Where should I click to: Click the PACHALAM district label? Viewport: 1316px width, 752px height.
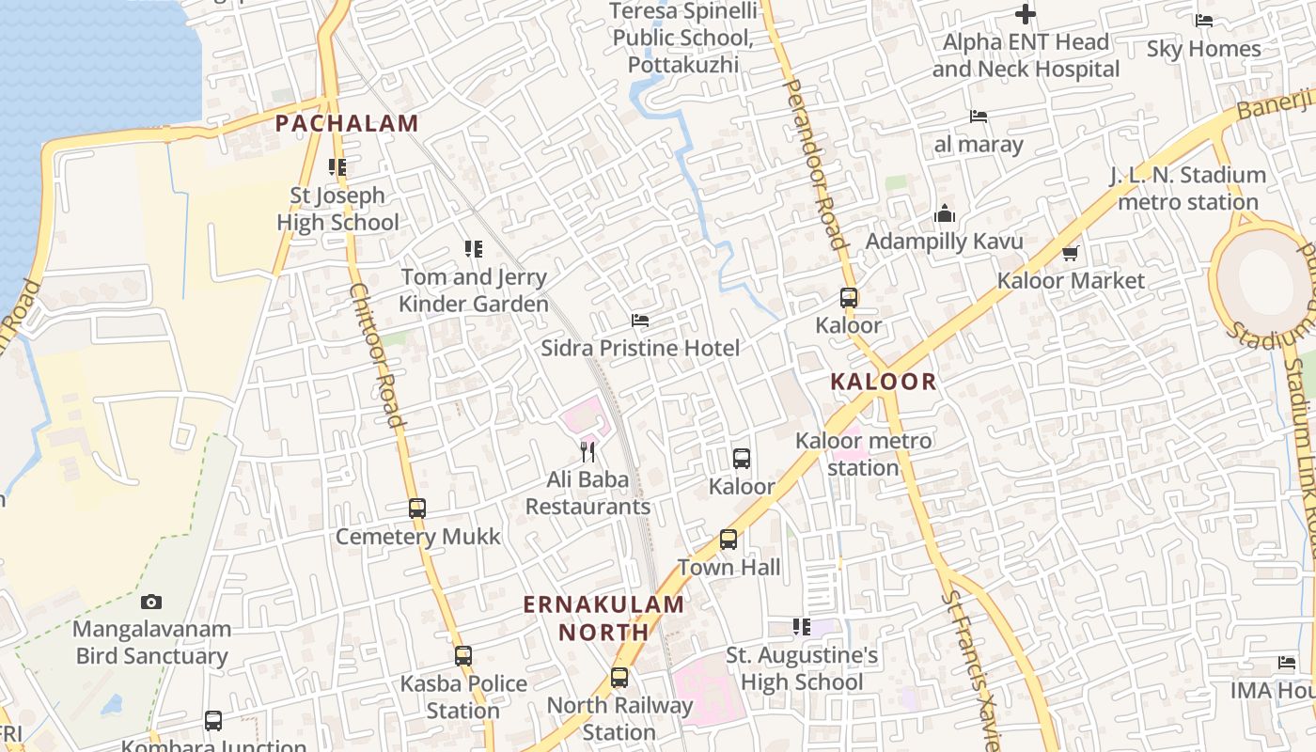(x=347, y=123)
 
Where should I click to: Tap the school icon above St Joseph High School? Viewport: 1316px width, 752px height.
(x=337, y=167)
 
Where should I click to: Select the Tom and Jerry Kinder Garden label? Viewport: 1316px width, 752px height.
(x=474, y=290)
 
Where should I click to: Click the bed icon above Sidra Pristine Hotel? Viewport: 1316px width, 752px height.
(x=640, y=321)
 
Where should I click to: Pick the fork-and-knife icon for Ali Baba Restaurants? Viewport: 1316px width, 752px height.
(x=587, y=452)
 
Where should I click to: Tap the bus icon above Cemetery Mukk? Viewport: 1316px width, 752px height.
(x=417, y=509)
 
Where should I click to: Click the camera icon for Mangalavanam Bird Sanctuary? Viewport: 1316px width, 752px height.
(x=151, y=602)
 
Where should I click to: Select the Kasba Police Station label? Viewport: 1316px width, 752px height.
(x=463, y=697)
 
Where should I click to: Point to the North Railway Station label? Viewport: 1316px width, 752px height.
(x=619, y=718)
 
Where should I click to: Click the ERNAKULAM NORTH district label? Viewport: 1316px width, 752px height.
(x=603, y=618)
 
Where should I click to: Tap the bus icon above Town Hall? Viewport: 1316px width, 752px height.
(x=728, y=540)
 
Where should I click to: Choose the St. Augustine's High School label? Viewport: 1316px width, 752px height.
(x=802, y=668)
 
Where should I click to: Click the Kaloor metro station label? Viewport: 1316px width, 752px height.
(x=864, y=454)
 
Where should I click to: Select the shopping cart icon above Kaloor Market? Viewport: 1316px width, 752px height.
(x=1071, y=253)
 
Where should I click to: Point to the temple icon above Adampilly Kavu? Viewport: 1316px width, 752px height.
(x=945, y=214)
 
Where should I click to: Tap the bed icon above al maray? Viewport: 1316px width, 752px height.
(x=979, y=117)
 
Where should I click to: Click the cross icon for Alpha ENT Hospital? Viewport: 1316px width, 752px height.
(x=1026, y=14)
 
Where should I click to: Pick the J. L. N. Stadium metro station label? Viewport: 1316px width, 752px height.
(x=1188, y=188)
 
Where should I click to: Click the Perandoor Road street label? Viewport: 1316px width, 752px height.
(x=816, y=164)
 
